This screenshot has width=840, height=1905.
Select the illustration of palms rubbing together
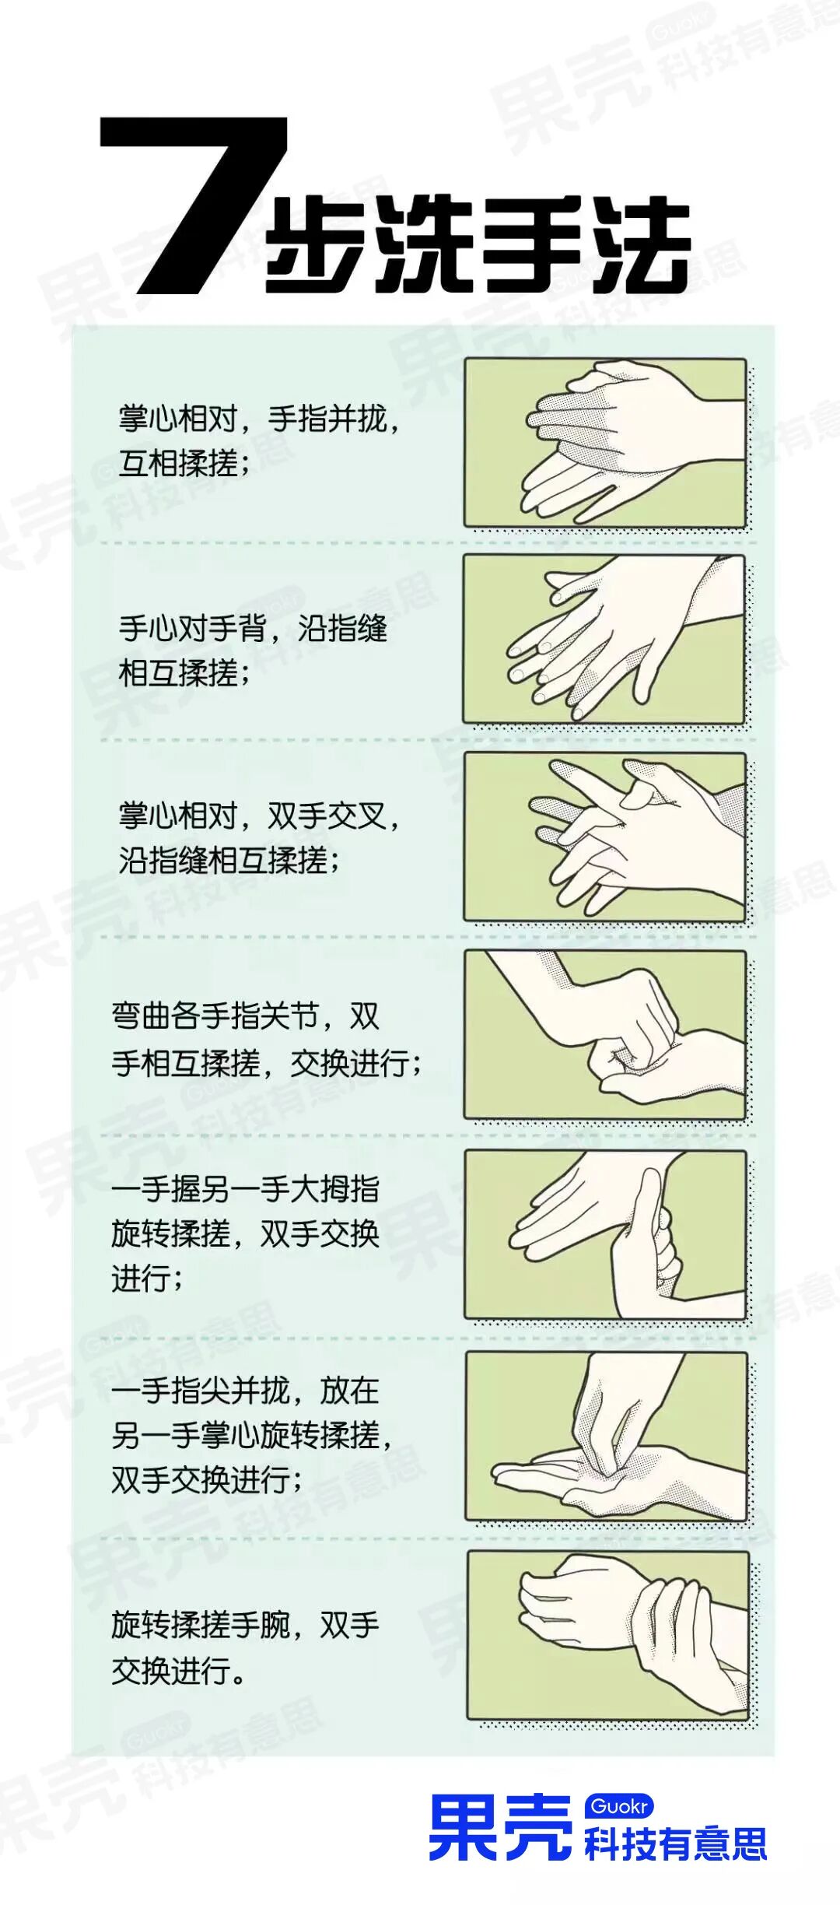tap(605, 442)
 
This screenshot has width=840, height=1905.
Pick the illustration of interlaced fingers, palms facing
tap(605, 837)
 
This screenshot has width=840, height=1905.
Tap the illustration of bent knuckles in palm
tap(605, 1035)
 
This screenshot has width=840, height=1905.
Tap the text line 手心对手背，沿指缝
tap(253, 627)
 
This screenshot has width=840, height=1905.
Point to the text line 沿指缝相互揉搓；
tap(229, 861)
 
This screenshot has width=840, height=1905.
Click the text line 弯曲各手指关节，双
tap(245, 1016)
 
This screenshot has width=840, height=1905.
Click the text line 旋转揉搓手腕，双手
tap(245, 1625)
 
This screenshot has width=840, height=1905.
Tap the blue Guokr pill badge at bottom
tap(619, 1805)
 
